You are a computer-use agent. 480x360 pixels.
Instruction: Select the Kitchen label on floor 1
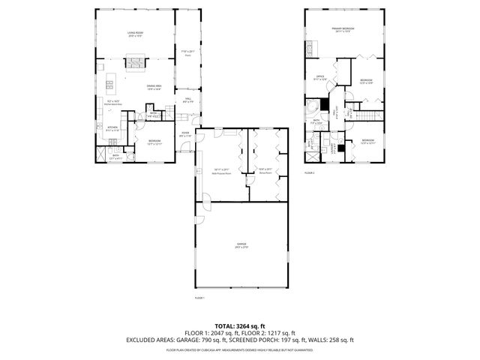(112, 128)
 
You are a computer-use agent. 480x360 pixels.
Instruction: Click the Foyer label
(184, 134)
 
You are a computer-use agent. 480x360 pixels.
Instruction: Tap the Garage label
(241, 245)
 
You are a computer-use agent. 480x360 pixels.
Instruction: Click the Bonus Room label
(264, 172)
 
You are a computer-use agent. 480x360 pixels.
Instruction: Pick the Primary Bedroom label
(343, 29)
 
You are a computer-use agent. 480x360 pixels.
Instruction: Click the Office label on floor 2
(319, 76)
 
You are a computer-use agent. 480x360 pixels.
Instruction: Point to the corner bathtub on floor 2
(311, 106)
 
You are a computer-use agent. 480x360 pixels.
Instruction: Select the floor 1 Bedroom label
(154, 142)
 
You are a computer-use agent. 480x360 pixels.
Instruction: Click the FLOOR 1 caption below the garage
(199, 298)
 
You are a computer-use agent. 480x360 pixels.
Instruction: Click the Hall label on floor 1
(186, 99)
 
